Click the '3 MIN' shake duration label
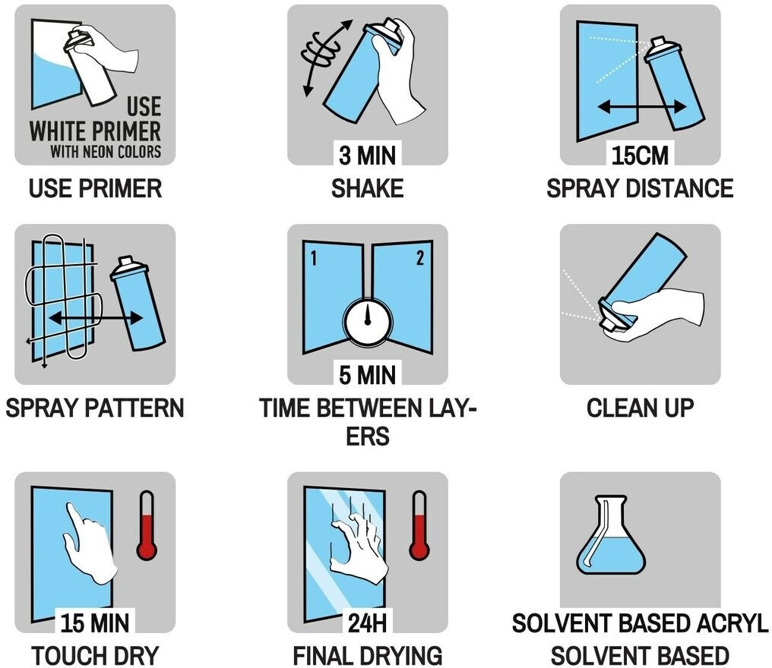(367, 156)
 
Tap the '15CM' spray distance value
(640, 156)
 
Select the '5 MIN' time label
(367, 375)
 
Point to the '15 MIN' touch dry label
(95, 622)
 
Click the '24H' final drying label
(367, 622)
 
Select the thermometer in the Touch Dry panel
(147, 525)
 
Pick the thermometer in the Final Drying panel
(419, 525)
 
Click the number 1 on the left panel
(313, 258)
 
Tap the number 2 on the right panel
(420, 258)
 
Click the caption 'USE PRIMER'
(95, 188)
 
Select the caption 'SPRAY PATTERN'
(95, 408)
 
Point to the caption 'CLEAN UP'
(640, 408)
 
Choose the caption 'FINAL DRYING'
(367, 656)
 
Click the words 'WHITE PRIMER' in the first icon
(95, 131)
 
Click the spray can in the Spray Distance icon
(675, 81)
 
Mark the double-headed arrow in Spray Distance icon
(642, 107)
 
